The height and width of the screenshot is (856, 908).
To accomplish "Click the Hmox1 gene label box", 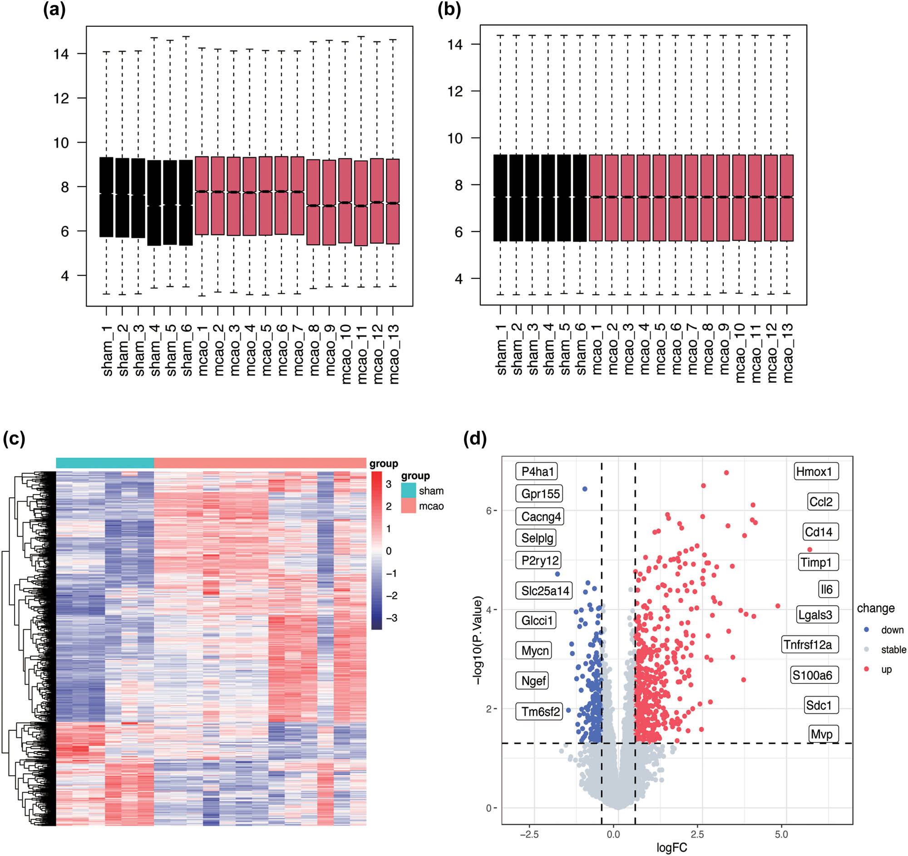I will (816, 471).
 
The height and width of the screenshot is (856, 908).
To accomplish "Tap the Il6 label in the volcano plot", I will (827, 589).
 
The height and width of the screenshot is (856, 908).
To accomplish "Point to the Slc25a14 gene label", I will (545, 591).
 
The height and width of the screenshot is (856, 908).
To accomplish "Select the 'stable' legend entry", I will (893, 649).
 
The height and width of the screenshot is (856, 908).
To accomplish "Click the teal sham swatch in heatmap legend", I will (408, 490).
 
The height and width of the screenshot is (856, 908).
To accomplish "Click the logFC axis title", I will (671, 848).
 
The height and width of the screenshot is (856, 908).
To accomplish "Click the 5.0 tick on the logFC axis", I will (781, 835).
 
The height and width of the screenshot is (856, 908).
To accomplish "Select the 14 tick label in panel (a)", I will (61, 54).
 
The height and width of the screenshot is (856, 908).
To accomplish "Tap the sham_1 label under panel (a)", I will (107, 351).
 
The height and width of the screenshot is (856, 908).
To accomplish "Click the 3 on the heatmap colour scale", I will (389, 484).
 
